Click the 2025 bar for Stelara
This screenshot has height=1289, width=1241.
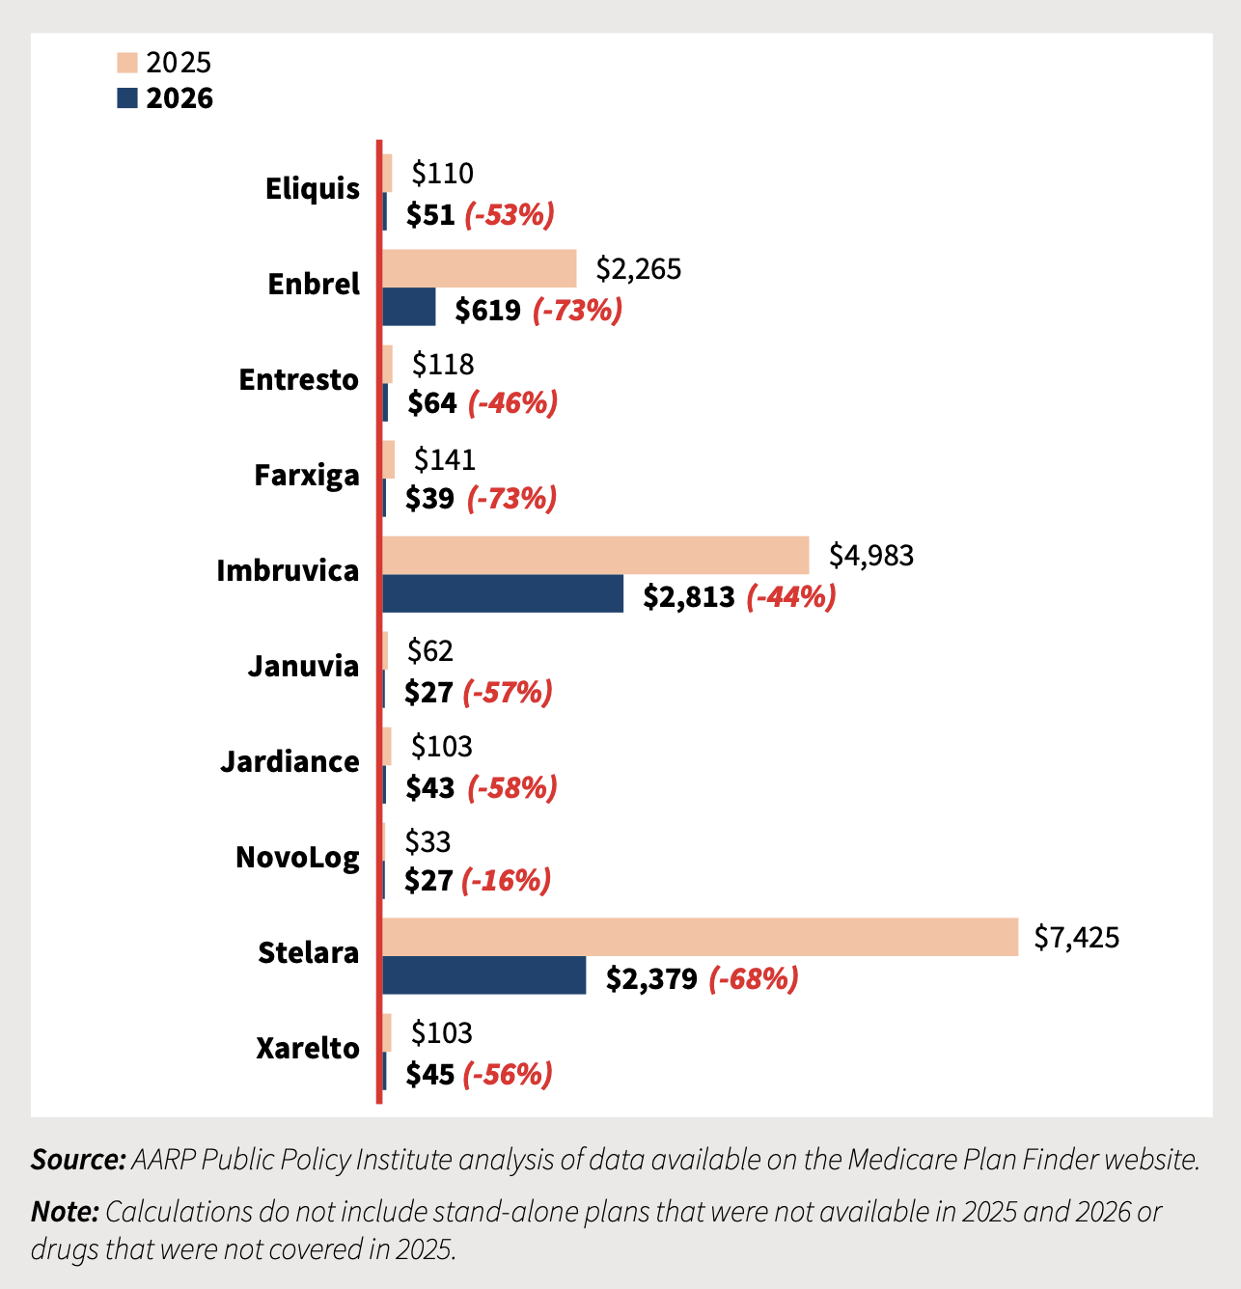click(700, 937)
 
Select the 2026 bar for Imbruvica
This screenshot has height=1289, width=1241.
click(503, 593)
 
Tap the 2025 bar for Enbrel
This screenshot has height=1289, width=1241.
click(480, 268)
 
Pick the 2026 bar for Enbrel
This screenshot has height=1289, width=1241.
click(409, 307)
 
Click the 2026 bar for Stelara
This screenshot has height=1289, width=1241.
click(484, 975)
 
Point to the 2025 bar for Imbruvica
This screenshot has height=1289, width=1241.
click(595, 555)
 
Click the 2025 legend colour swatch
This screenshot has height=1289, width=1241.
click(127, 63)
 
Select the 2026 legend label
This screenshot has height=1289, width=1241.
click(179, 98)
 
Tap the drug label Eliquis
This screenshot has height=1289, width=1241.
click(312, 188)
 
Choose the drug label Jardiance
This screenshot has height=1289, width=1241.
click(290, 761)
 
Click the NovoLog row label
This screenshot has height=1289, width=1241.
click(297, 857)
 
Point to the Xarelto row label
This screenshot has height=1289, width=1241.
click(307, 1048)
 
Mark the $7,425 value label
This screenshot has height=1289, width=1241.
click(1076, 937)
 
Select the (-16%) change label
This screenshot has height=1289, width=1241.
click(506, 881)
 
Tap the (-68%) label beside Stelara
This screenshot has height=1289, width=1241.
click(754, 979)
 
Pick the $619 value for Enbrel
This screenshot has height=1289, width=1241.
click(488, 311)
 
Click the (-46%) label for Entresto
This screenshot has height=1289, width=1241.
click(512, 403)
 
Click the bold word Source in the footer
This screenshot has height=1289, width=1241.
click(78, 1159)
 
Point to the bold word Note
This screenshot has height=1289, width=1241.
click(65, 1211)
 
